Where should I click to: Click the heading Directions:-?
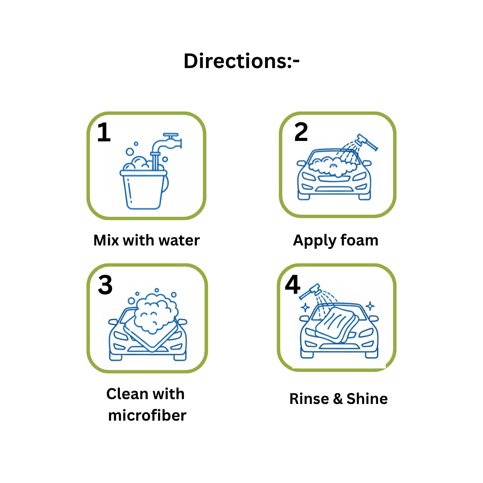coord(241,61)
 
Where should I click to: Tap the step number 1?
coord(104,132)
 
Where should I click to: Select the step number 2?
coord(301,132)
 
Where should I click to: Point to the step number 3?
coord(105,285)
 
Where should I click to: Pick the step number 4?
coord(292,285)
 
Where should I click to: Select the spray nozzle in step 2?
coord(366,142)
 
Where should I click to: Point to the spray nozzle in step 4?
coord(310,291)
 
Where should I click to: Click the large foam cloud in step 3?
coord(155,313)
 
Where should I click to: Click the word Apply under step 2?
coord(314,241)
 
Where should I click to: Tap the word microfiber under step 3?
coord(147,415)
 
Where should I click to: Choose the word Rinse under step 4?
coord(309,399)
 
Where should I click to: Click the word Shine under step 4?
coord(367,399)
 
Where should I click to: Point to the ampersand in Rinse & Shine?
coord(338,399)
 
